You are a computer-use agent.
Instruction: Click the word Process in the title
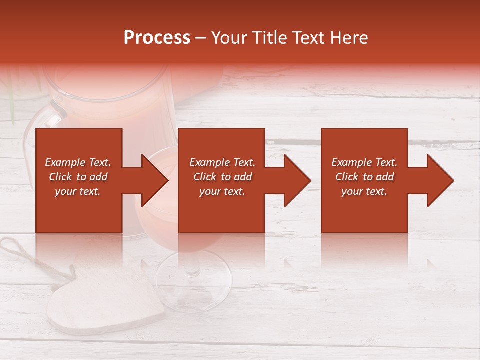point(157,38)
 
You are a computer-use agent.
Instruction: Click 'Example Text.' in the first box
point(78,162)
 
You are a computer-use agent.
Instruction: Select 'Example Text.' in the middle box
point(222,162)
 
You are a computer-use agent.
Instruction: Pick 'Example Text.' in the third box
point(364,162)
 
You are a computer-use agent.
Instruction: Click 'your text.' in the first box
point(78,191)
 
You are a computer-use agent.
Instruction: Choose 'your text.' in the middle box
point(222,191)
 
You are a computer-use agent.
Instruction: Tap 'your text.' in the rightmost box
point(364,191)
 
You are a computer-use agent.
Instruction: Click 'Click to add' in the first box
point(78,177)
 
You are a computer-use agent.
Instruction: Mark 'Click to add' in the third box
point(364,177)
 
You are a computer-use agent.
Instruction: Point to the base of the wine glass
point(192,280)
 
